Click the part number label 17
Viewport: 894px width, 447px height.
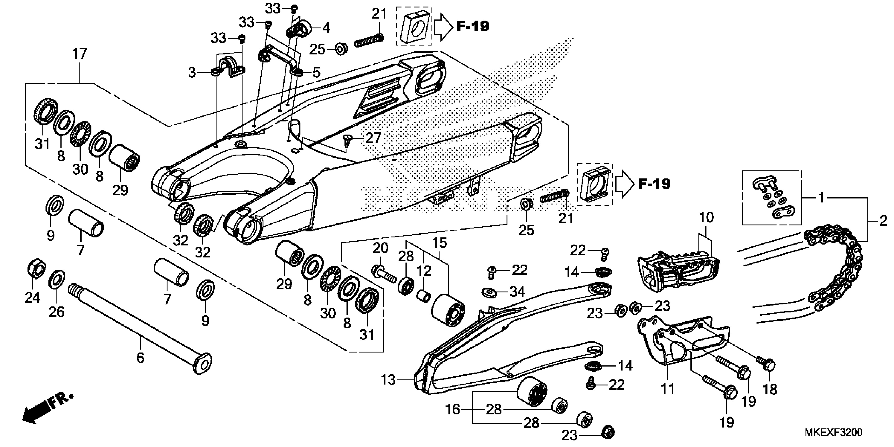tap(79, 54)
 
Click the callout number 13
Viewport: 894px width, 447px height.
tap(388, 380)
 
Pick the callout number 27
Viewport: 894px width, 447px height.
tap(373, 138)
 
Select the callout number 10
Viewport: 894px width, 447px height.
tap(706, 218)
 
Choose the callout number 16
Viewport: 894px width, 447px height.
tap(453, 409)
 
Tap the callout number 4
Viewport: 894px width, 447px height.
tap(326, 28)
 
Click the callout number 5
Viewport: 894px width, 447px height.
tap(316, 73)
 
